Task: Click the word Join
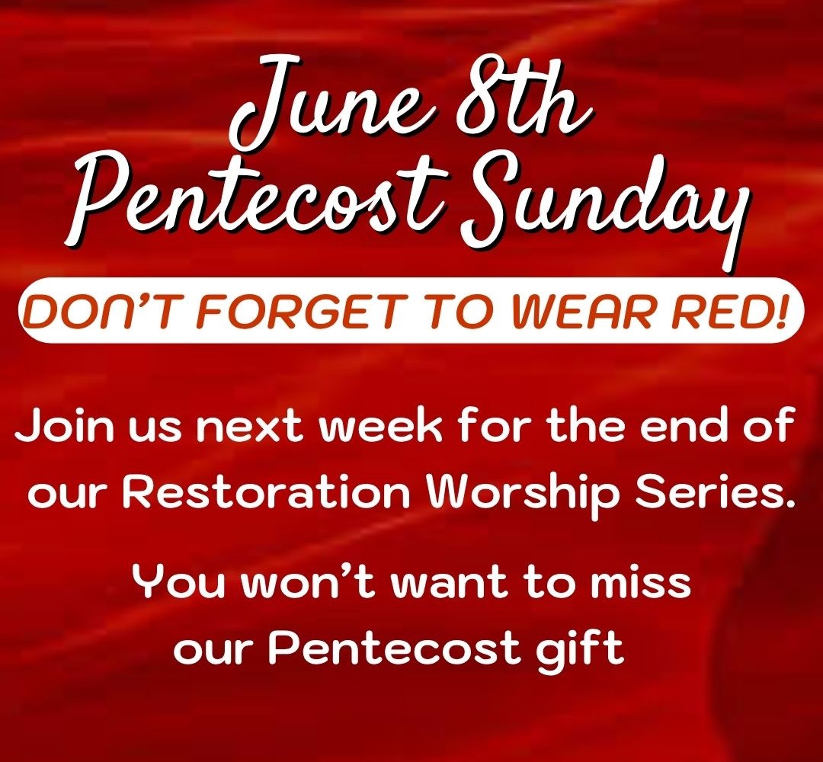pos(64,425)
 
